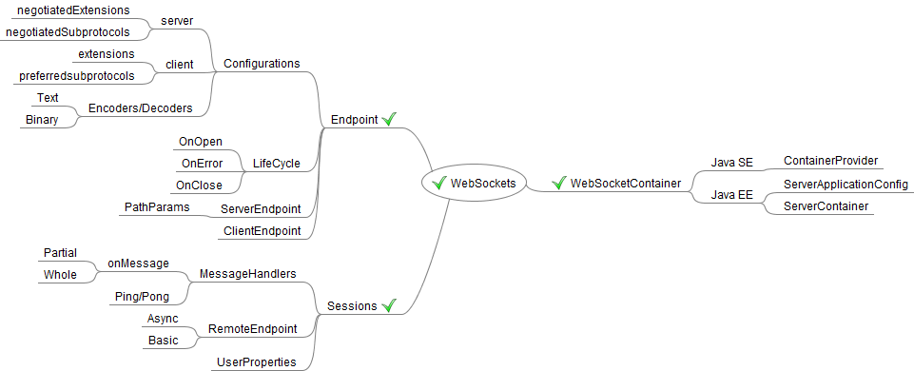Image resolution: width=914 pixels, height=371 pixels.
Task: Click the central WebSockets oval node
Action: coord(474,184)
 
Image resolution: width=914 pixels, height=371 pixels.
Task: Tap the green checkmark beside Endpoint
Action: coord(389,119)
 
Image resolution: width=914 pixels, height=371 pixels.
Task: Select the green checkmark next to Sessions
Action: coord(389,305)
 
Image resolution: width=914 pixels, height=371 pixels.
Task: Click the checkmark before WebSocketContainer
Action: coord(559,184)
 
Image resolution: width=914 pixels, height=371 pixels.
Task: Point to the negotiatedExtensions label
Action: coord(73,10)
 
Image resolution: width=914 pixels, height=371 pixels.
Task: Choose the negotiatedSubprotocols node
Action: coord(68,32)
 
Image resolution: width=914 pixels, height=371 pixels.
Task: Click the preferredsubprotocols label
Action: coord(77,76)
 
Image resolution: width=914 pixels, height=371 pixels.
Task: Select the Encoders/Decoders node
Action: coord(140,107)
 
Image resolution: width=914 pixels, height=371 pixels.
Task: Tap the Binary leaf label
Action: coord(42,120)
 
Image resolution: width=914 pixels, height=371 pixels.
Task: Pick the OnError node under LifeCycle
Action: coord(203,164)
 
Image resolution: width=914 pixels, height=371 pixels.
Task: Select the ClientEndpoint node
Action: coord(263,231)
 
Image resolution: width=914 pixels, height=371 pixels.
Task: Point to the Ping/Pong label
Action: coord(143,297)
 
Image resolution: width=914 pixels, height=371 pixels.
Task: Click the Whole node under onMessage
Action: coord(60,275)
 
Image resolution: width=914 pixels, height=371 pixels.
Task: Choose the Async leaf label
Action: coord(163,318)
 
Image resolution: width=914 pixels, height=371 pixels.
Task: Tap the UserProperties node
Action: coord(257,362)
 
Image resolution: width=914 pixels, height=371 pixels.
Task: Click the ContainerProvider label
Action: coord(830,161)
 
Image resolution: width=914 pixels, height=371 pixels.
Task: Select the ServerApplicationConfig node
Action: coord(846,185)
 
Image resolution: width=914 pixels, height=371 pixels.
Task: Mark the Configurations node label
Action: coord(263,64)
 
